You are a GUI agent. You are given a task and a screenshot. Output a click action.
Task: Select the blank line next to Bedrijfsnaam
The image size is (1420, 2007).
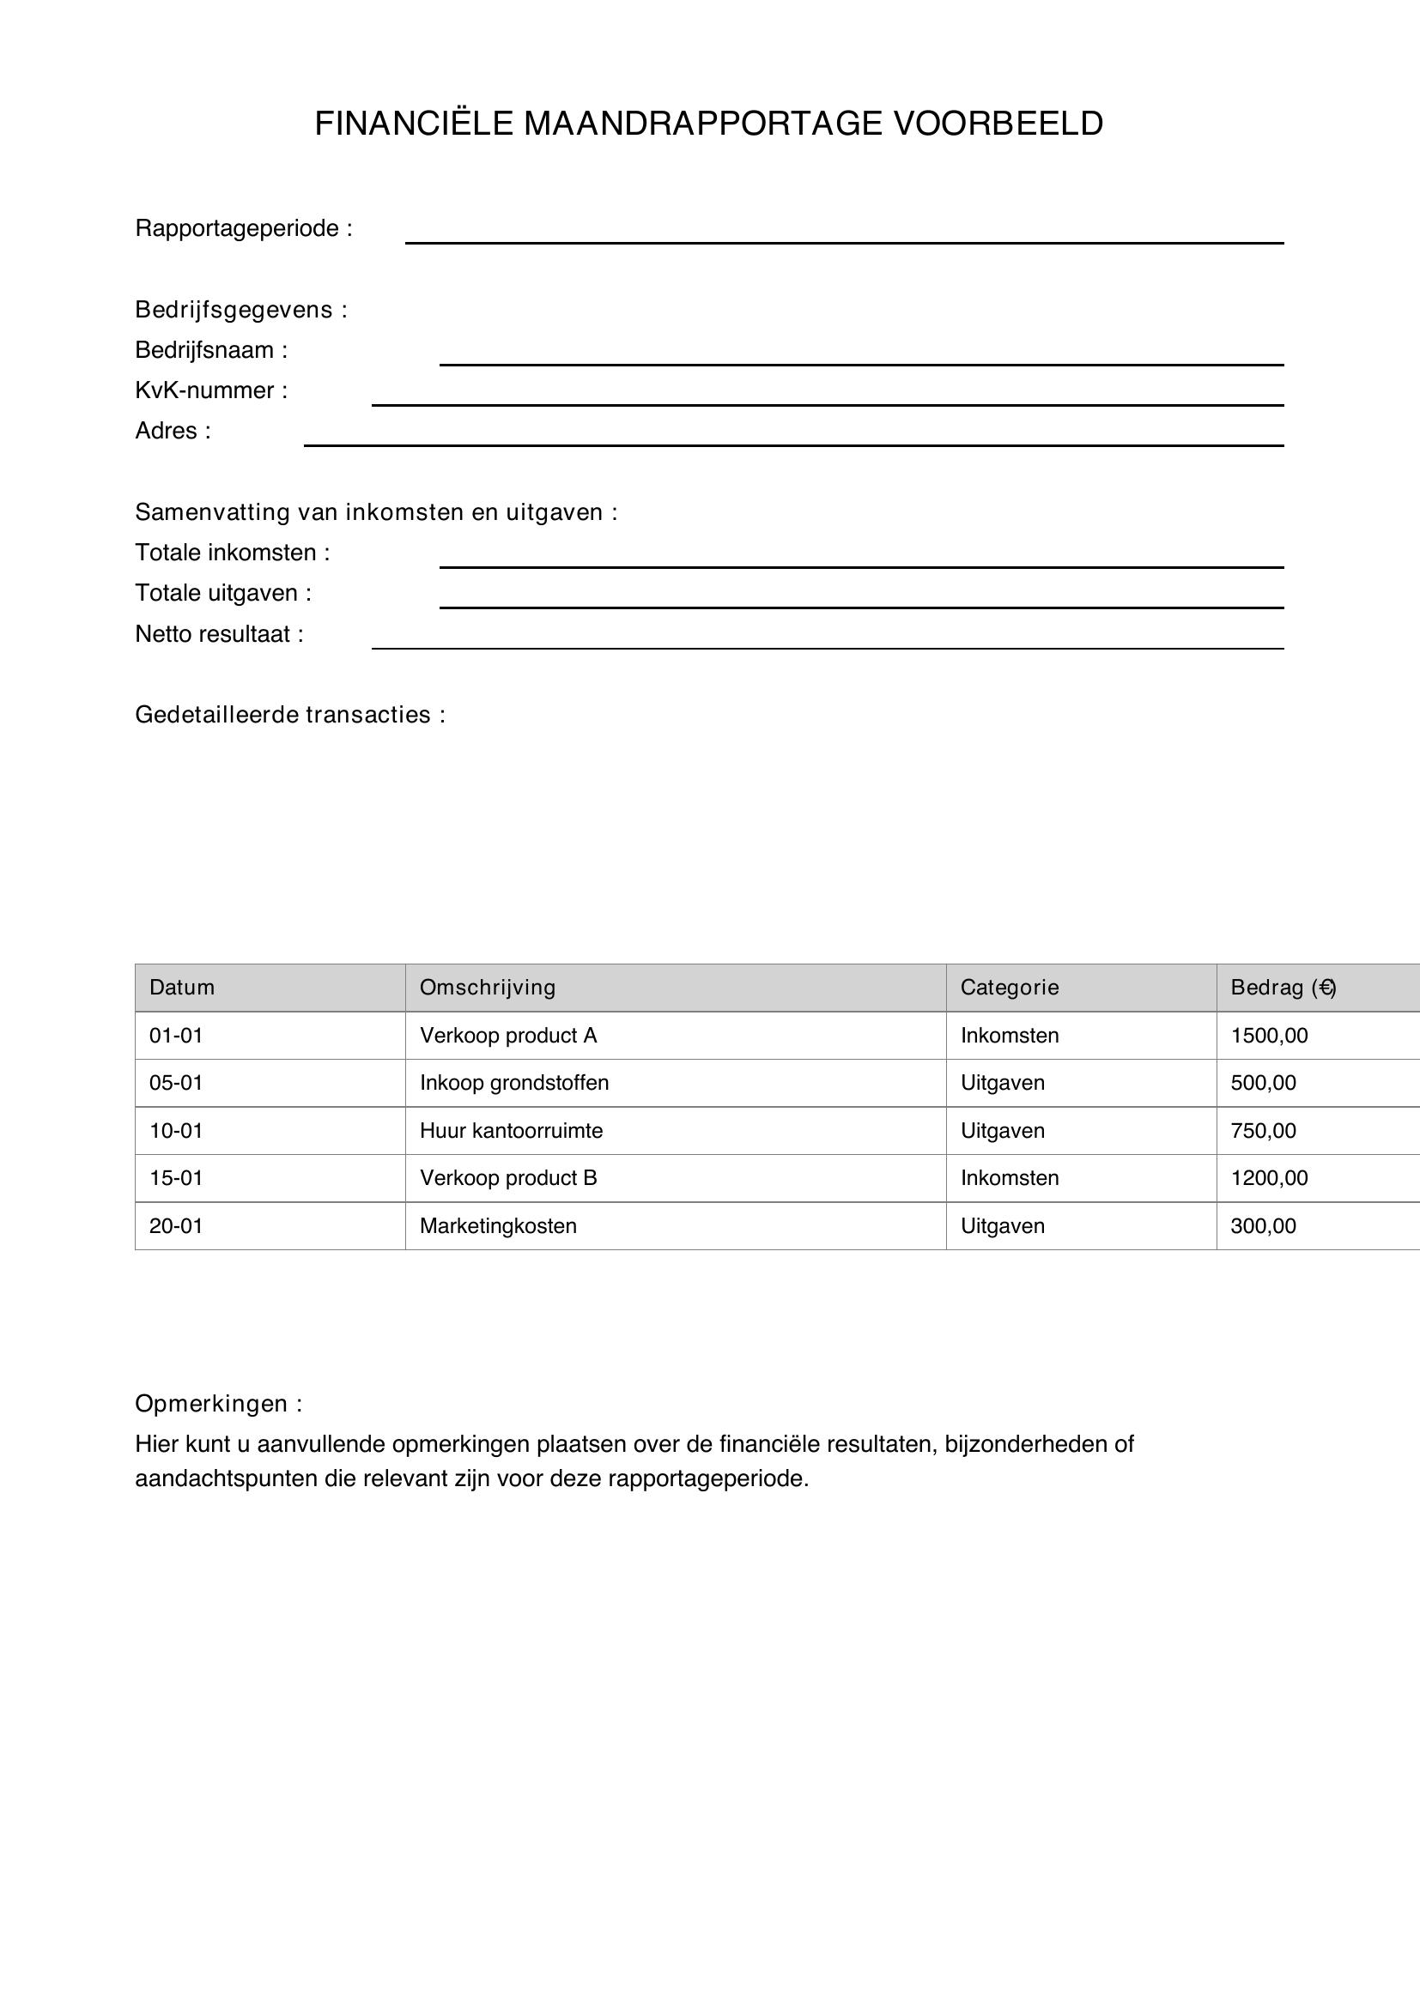860,359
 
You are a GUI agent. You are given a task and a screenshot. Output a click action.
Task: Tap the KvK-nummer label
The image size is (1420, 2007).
210,390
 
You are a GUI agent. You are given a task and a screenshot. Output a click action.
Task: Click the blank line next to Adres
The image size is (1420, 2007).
793,439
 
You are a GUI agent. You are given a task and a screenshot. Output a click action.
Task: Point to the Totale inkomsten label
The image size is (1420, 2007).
232,553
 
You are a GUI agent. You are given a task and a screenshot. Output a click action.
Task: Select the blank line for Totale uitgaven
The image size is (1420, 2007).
860,601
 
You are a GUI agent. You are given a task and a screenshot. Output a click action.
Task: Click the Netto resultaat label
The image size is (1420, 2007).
219,635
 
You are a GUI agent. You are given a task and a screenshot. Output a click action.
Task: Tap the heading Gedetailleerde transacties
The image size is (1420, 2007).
289,715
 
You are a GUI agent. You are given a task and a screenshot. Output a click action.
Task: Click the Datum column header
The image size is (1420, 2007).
182,988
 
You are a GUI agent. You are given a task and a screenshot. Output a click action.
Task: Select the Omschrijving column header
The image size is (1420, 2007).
487,988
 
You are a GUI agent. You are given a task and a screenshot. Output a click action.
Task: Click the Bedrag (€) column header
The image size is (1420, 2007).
1282,988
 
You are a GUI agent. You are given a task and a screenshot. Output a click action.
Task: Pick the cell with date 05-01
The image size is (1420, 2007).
176,1083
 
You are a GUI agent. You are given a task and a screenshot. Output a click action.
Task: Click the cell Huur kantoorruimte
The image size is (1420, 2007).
511,1131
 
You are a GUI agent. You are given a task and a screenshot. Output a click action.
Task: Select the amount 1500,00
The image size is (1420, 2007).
1269,1036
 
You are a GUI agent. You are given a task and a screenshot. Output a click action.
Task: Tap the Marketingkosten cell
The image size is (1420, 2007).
498,1226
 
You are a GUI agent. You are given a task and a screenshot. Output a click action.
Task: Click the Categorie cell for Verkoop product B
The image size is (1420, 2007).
1009,1178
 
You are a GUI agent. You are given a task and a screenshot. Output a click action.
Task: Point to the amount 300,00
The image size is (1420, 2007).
1263,1226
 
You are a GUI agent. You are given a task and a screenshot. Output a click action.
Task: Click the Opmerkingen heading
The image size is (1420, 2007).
218,1404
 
